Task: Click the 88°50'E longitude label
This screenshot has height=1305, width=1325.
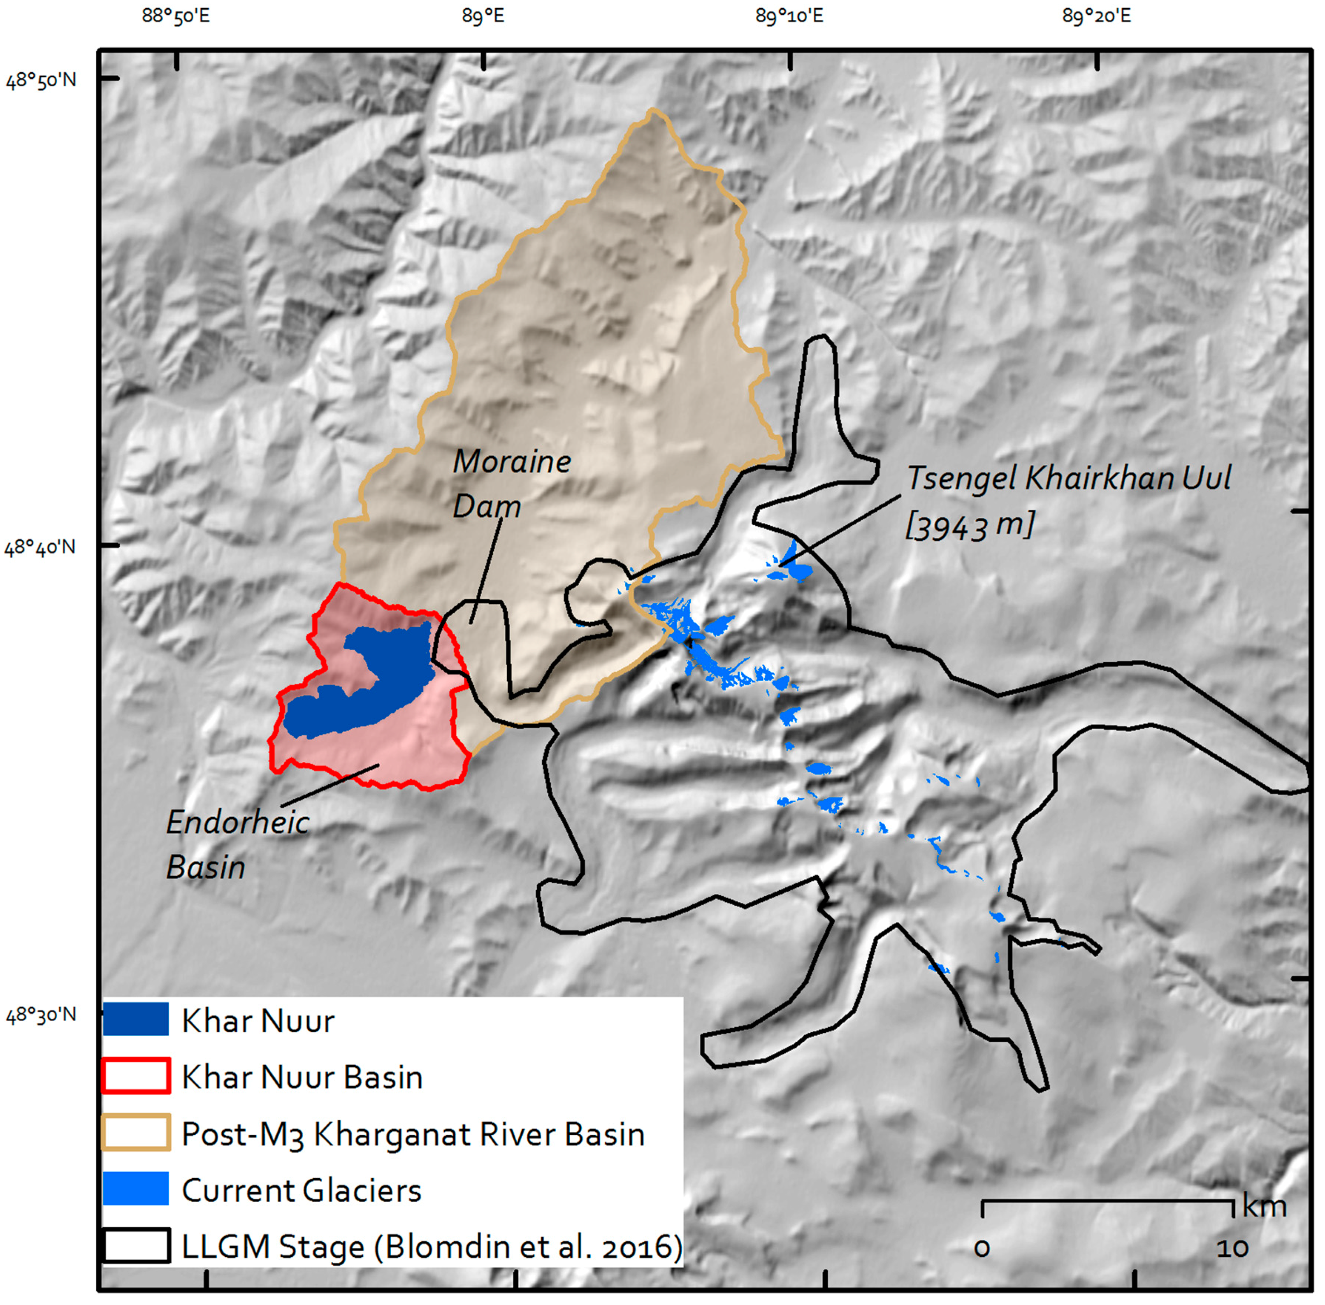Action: [176, 15]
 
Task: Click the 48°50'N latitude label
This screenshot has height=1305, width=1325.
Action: [41, 80]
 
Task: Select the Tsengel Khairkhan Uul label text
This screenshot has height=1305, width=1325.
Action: [1068, 478]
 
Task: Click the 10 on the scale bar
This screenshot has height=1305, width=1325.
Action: [1232, 1247]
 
